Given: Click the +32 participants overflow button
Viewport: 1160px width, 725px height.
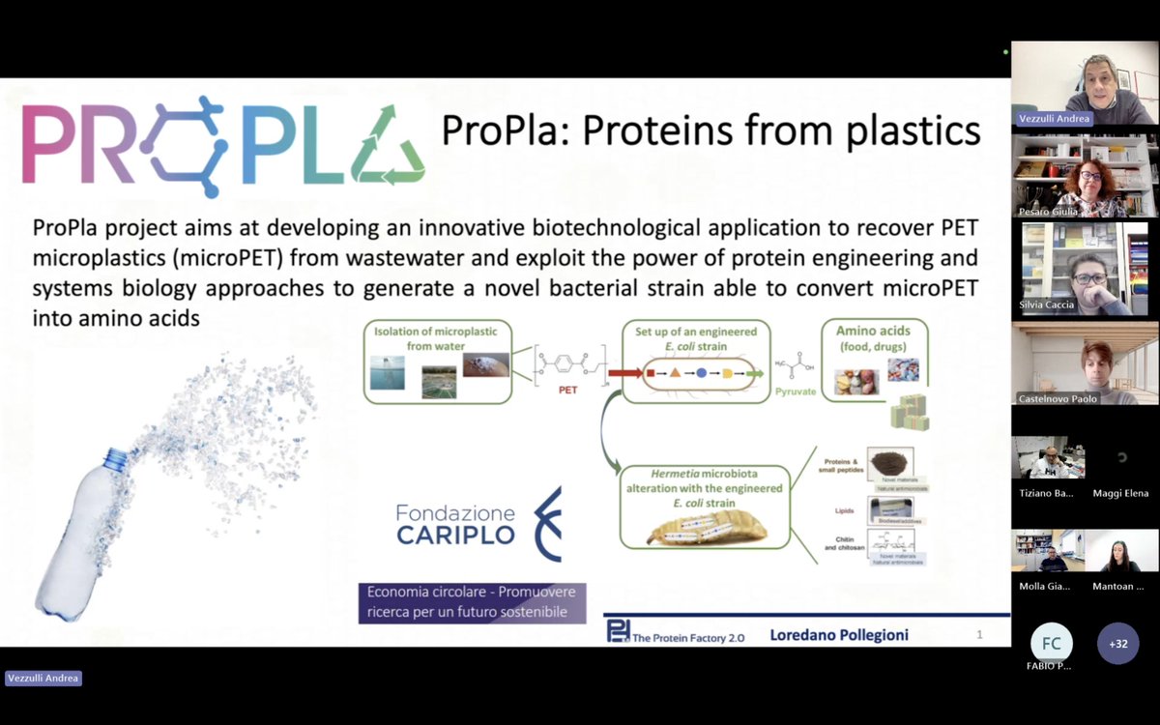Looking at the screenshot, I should coord(1117,644).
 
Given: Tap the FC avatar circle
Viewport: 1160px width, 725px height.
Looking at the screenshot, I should coord(1051,644).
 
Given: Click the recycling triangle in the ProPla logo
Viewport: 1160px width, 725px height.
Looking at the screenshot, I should coord(388,146).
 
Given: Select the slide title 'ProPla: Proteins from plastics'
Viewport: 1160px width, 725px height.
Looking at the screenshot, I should coord(710,130).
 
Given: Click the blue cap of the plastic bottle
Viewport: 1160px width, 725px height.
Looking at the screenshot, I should coord(116,458).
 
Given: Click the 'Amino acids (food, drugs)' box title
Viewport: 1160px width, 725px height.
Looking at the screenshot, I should coord(874,337).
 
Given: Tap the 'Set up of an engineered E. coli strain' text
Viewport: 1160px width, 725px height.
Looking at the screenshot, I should coord(696,338).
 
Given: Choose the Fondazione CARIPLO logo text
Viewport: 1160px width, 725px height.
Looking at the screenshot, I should coord(456,524).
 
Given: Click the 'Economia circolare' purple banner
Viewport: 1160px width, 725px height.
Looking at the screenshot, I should coord(472,602).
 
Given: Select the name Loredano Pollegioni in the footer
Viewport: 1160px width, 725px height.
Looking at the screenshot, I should coord(839,635).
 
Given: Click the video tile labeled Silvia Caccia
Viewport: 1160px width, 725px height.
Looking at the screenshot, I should coord(1085,268).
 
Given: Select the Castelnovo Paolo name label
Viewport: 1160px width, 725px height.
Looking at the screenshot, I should coord(1058,398).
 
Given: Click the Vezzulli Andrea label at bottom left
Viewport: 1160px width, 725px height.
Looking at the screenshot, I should coord(43,679).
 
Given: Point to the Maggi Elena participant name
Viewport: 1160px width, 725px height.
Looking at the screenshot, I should coord(1120,493).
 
